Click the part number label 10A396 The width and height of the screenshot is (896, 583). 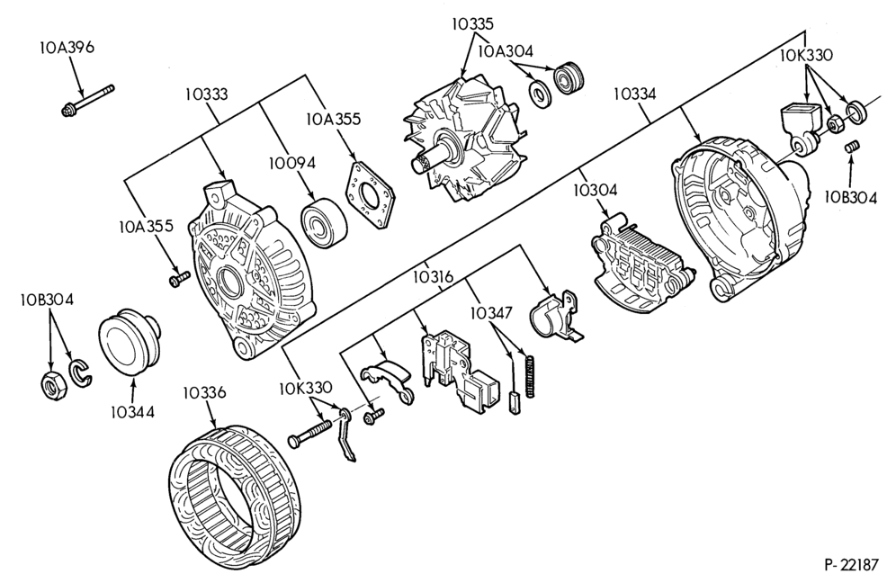67,47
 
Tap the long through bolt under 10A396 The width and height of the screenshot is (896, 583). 87,100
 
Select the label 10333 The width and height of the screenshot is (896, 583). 206,94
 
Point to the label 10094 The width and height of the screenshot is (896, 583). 292,163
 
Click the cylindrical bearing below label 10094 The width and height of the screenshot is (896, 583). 324,222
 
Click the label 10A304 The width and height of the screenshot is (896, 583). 506,51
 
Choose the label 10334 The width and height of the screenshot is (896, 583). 635,94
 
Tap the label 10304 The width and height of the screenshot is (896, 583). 596,191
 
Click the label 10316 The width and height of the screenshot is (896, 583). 432,277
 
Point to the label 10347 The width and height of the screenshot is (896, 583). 491,313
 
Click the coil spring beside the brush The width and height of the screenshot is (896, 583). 531,377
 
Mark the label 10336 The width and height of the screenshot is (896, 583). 204,392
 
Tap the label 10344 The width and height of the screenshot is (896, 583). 132,411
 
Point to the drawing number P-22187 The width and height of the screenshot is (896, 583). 851,565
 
